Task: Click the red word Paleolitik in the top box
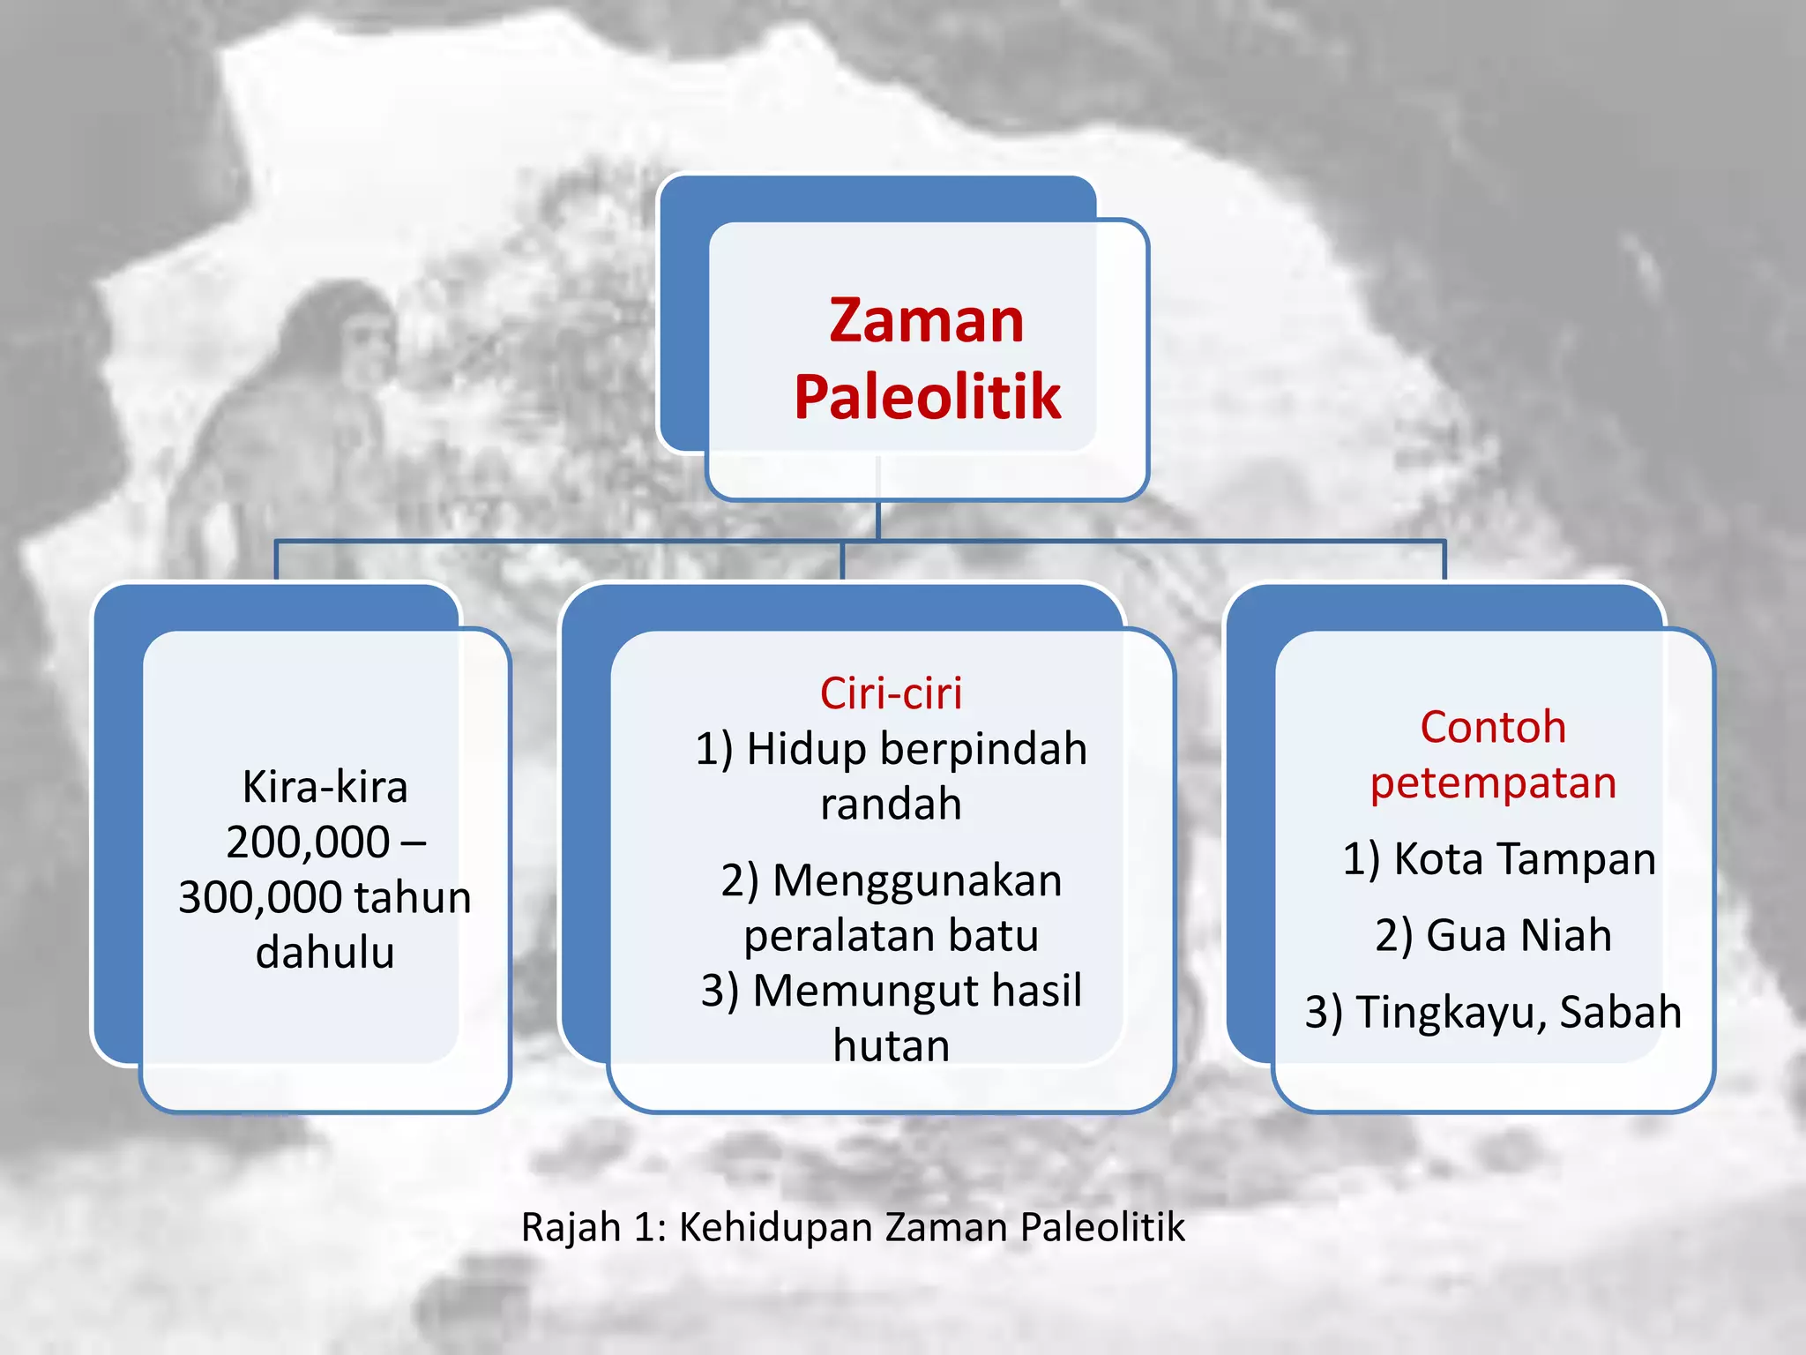[x=927, y=397]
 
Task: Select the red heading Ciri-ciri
[x=891, y=693]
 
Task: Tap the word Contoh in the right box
[x=1493, y=728]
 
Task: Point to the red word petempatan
[x=1493, y=783]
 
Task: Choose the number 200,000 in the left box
[x=308, y=842]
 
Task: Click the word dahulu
[x=325, y=953]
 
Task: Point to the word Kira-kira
[x=325, y=787]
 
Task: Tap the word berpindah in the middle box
[x=983, y=750]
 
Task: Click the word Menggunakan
[x=917, y=880]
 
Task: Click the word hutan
[x=891, y=1046]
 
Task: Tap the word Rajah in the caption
[x=571, y=1227]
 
